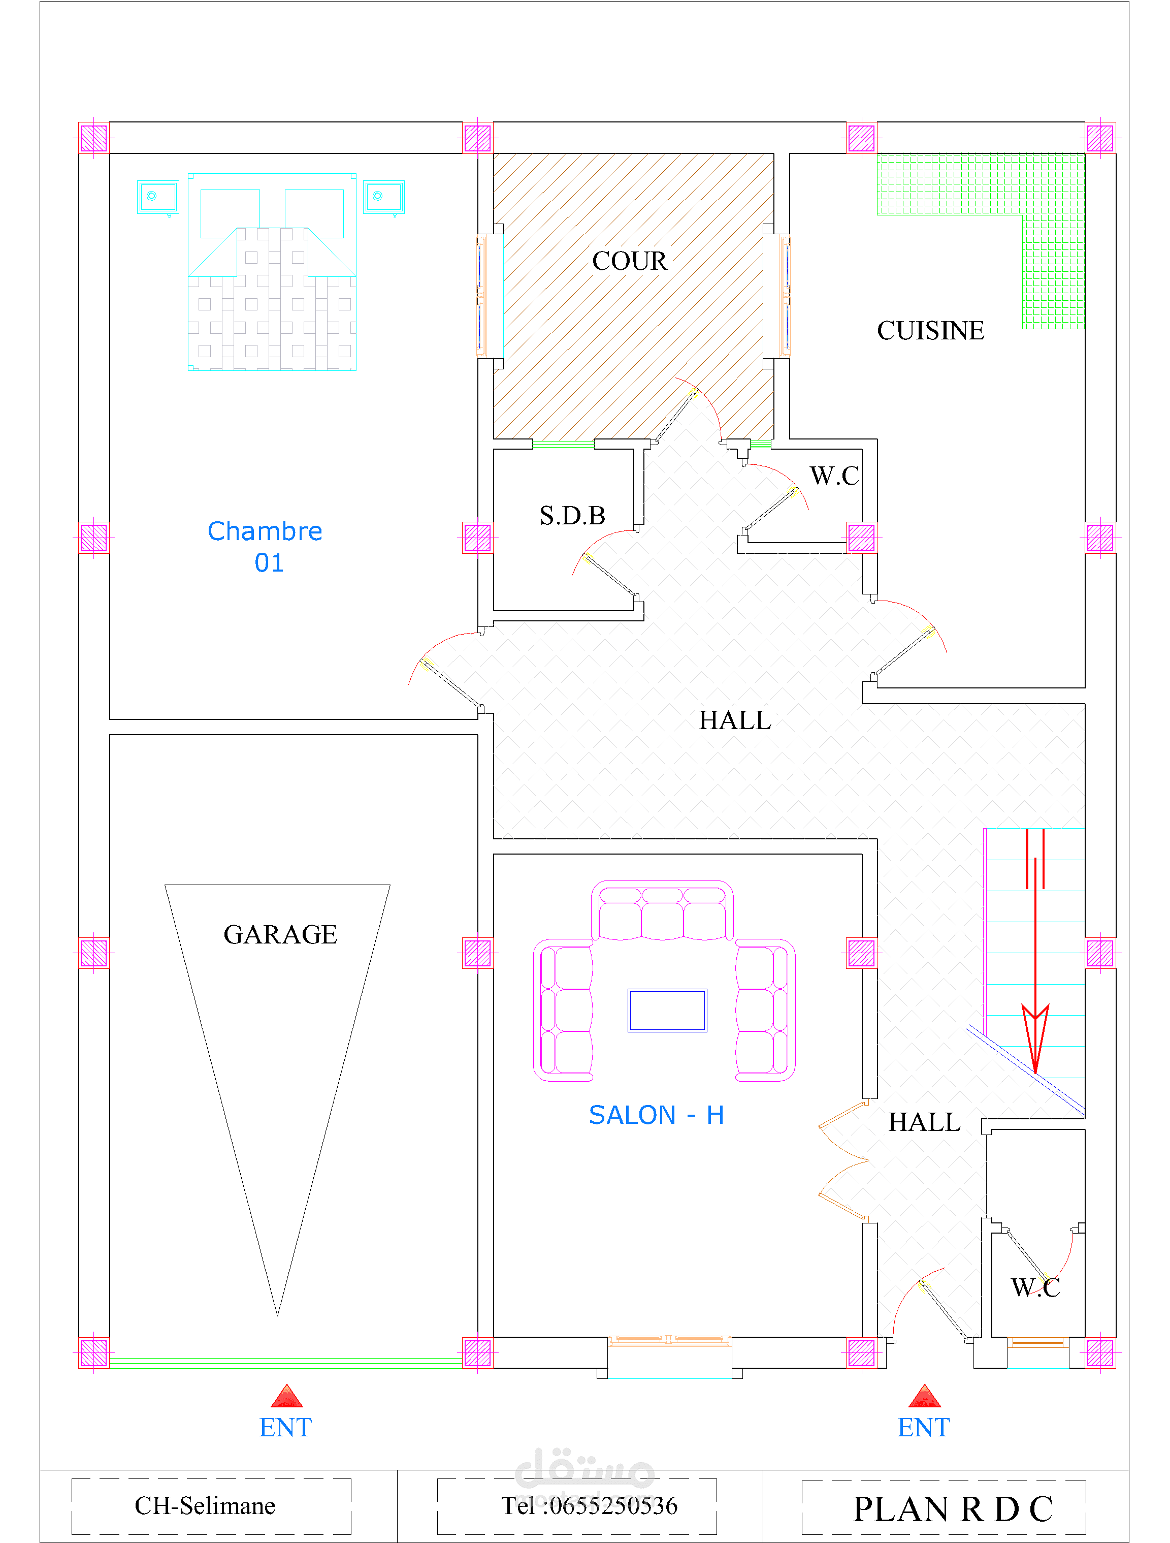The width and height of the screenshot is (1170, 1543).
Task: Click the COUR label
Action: coord(630,261)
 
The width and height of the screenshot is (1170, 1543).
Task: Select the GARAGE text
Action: coord(280,934)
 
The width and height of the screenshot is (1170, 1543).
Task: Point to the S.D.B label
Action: coord(572,516)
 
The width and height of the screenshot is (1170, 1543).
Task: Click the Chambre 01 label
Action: coord(265,546)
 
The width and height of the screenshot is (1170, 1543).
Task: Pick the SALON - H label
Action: coord(656,1115)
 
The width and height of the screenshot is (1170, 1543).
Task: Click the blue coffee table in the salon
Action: coord(667,1010)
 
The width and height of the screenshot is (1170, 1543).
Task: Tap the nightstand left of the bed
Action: coord(158,198)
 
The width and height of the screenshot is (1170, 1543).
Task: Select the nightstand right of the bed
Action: coord(384,198)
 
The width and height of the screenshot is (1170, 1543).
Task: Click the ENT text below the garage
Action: coord(285,1427)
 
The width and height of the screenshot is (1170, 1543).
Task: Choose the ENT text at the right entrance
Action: coord(924,1427)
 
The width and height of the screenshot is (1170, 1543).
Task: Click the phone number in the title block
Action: coord(589,1505)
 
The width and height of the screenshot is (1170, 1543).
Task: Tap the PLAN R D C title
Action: coord(953,1509)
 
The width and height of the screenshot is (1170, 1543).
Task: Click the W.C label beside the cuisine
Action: coord(835,476)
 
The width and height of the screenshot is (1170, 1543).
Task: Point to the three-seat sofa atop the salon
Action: coord(662,910)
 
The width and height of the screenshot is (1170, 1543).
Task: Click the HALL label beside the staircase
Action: coord(925,1122)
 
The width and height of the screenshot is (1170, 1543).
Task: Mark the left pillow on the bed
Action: coord(230,213)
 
